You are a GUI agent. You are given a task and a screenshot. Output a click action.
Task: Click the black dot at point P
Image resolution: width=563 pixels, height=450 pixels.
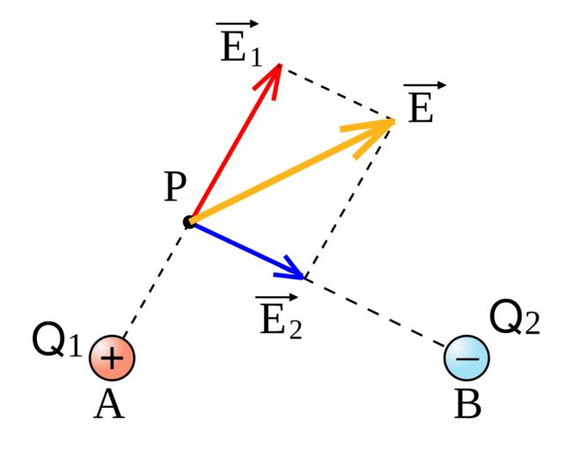pos(188,221)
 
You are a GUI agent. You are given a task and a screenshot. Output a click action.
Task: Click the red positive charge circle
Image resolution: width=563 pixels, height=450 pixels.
pos(112,359)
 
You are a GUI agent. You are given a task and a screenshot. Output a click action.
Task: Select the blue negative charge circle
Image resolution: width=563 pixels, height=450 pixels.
pos(467,358)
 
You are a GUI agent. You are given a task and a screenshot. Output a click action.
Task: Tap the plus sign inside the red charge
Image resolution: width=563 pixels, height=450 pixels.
pos(112,359)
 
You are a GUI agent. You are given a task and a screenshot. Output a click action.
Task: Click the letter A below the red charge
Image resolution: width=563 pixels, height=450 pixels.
pos(110,405)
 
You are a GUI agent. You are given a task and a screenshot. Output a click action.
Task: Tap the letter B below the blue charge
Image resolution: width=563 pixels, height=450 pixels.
pos(467,405)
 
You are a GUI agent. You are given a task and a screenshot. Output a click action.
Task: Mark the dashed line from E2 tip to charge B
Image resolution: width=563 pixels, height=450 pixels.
pos(378,311)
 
